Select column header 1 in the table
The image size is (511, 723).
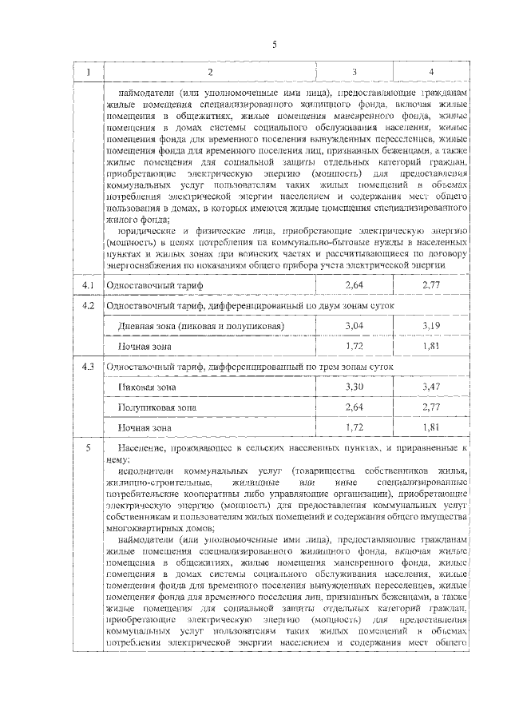tap(89, 73)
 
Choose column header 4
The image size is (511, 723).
tap(431, 73)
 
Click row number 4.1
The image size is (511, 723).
tap(89, 285)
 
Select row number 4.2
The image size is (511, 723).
tap(89, 305)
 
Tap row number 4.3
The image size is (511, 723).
tap(89, 366)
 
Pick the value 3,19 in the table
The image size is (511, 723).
tap(431, 326)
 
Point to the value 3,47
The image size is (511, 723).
tap(431, 387)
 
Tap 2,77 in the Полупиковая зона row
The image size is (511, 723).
tap(431, 407)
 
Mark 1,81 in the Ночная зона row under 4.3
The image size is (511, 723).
tap(431, 427)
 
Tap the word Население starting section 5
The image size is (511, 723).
tap(141, 449)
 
